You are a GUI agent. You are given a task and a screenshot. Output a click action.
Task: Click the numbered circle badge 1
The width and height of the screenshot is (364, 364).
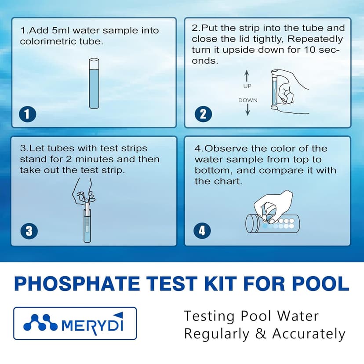pyautogui.click(x=27, y=115)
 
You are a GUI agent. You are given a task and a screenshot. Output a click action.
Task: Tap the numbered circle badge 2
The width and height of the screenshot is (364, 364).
pyautogui.click(x=203, y=115)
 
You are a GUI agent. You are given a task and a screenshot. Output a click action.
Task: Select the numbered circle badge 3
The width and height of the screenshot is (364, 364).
pyautogui.click(x=29, y=230)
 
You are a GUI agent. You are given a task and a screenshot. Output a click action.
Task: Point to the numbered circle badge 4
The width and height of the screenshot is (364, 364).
pyautogui.click(x=203, y=230)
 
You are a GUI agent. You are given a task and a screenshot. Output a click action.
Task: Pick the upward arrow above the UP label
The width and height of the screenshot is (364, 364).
pyautogui.click(x=247, y=74)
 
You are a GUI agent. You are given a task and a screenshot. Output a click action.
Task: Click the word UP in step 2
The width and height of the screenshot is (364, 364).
pyautogui.click(x=247, y=86)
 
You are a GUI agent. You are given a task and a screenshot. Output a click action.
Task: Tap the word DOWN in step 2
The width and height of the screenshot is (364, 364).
pyautogui.click(x=248, y=100)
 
